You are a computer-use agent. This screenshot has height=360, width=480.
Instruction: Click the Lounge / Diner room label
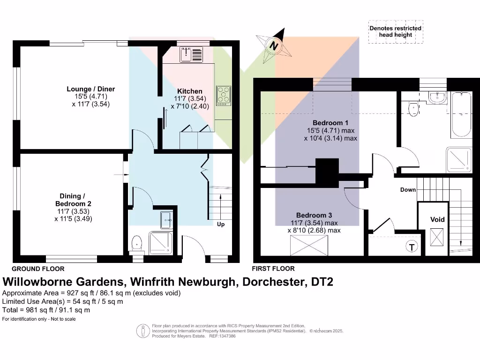tap(90, 89)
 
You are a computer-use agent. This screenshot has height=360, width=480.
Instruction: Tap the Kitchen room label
tap(190, 91)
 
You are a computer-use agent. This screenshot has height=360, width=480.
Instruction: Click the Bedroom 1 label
tap(330, 123)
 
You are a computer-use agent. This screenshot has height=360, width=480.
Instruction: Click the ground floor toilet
tap(137, 242)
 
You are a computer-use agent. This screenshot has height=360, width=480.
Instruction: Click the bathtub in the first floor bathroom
tap(461, 115)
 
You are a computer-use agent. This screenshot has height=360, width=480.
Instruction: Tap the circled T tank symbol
tap(412, 247)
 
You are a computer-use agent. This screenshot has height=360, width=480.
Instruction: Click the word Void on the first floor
tap(437, 219)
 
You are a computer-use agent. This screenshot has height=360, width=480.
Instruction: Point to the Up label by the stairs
tap(220, 225)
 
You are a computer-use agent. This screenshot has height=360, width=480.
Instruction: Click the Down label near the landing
tap(408, 190)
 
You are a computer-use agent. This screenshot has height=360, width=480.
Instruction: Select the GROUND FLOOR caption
tap(38, 269)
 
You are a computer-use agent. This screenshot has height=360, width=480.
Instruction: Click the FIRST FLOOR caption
tap(273, 269)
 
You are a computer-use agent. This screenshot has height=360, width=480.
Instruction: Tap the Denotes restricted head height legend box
tap(395, 31)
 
